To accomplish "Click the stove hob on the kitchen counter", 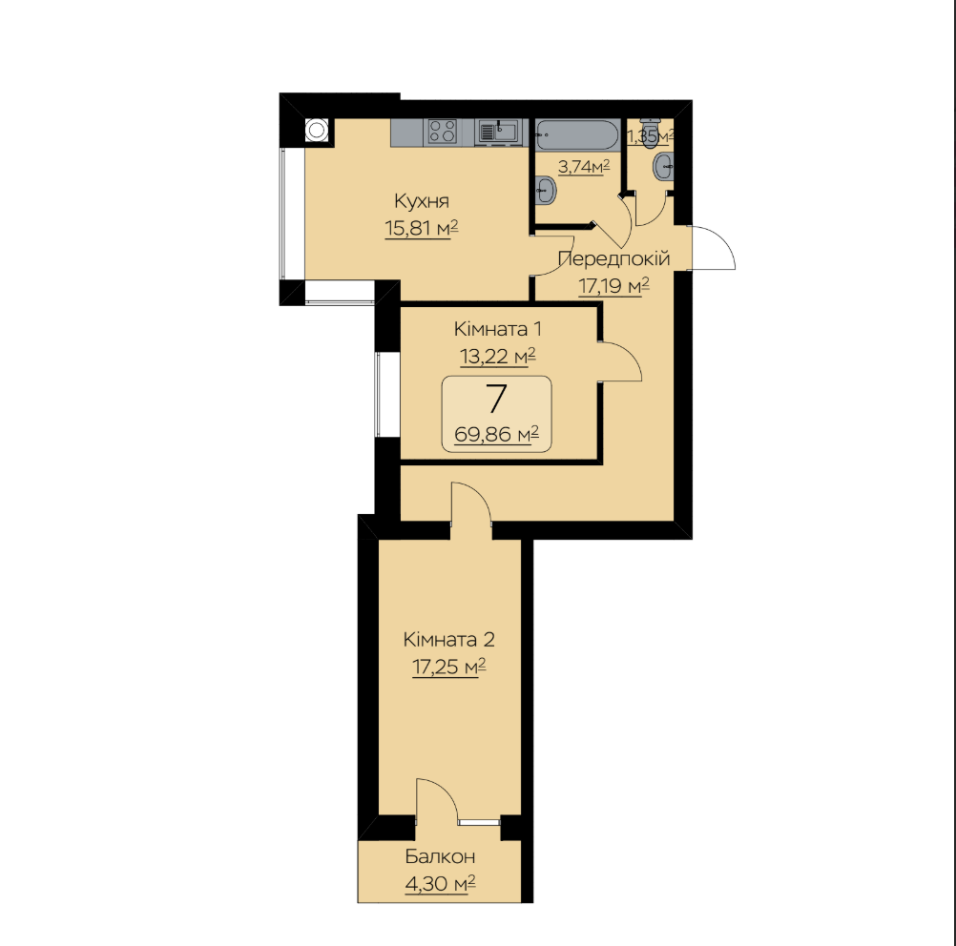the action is click(443, 132).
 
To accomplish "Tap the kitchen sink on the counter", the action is click(499, 132).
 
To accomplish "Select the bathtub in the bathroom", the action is click(577, 134).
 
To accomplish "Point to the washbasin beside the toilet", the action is click(663, 167).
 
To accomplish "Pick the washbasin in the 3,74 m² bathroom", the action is click(547, 190).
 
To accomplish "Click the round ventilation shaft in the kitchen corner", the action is click(317, 131).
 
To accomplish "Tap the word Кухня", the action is click(422, 200).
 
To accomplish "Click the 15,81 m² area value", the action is click(422, 228).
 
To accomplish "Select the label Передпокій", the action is click(614, 258).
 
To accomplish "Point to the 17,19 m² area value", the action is click(613, 285).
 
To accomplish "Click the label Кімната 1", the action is click(497, 329).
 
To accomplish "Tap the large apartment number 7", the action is click(497, 400).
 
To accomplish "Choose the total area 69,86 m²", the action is click(496, 435).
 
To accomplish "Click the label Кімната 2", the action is click(448, 639).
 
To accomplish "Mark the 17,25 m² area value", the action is click(448, 667).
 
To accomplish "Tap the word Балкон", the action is click(440, 856).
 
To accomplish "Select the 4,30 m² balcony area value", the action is click(440, 883).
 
